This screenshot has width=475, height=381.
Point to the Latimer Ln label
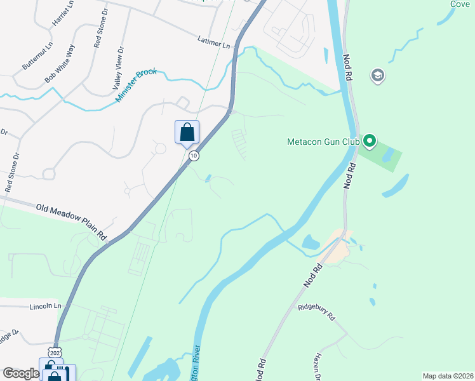click(x=213, y=44)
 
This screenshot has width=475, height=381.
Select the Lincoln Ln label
click(x=45, y=306)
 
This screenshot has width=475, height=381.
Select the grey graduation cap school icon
click(x=378, y=76)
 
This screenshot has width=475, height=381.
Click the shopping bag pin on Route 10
click(x=187, y=133)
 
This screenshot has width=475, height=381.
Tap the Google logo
click(x=21, y=373)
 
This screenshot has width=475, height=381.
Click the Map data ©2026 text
click(x=448, y=376)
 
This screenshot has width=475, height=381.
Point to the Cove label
click(x=460, y=4)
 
